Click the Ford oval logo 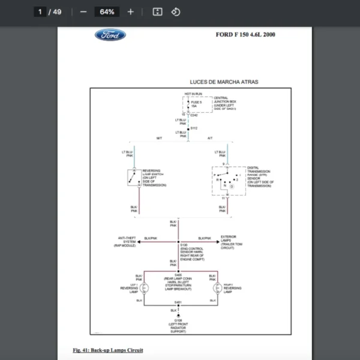(x=110, y=35)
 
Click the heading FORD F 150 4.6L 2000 (x=245, y=35)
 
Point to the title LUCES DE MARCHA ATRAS (x=224, y=82)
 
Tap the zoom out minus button (x=83, y=12)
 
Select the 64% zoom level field (x=107, y=12)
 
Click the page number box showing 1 (x=41, y=12)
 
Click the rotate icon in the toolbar (x=176, y=12)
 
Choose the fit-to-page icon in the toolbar (x=157, y=12)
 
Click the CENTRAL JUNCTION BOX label (x=225, y=103)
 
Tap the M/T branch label (x=159, y=139)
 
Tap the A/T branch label (x=209, y=139)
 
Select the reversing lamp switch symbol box (x=133, y=177)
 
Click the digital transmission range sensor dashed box (x=227, y=181)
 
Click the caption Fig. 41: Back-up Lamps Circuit (x=107, y=350)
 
